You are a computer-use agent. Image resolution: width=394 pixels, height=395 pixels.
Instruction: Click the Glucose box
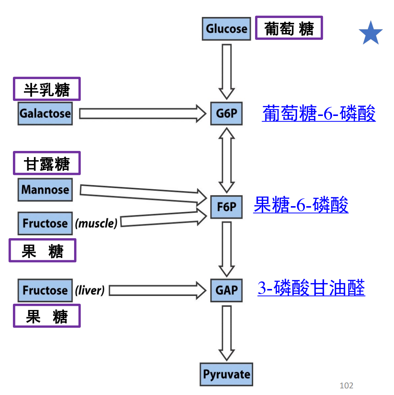(x=226, y=28)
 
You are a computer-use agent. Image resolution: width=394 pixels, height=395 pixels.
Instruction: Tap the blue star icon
(x=370, y=33)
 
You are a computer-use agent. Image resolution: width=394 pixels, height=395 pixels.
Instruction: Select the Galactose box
(x=45, y=113)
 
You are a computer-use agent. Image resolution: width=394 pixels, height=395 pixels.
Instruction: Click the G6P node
(x=226, y=113)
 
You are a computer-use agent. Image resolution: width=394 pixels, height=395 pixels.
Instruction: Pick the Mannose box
(x=45, y=190)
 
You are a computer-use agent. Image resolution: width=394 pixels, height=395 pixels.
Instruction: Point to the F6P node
(x=226, y=207)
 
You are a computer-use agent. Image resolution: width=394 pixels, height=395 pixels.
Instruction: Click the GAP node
(x=226, y=290)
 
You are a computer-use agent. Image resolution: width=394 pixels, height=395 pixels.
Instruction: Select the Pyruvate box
(x=226, y=374)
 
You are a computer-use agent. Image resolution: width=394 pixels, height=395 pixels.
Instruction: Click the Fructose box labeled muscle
(x=45, y=223)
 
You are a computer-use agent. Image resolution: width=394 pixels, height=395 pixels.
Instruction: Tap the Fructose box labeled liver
(x=45, y=290)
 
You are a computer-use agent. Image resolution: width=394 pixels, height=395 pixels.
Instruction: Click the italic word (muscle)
(x=96, y=223)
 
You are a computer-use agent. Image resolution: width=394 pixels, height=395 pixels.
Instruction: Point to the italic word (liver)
(x=90, y=290)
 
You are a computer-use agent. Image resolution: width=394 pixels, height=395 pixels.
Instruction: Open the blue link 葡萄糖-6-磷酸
(x=319, y=113)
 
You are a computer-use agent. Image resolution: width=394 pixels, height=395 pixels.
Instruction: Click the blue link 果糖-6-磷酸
(x=301, y=205)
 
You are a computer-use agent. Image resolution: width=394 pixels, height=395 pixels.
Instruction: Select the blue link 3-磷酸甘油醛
(x=311, y=288)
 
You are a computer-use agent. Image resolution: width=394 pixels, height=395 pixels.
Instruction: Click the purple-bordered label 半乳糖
(x=47, y=89)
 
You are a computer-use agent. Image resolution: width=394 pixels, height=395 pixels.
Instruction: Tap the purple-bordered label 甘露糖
(x=47, y=163)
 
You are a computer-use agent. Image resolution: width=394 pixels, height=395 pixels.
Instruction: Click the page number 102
(x=346, y=385)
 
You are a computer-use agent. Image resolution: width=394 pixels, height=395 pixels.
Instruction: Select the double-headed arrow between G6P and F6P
(x=227, y=160)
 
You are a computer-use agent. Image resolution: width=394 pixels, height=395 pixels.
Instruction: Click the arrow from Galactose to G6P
(x=142, y=113)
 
